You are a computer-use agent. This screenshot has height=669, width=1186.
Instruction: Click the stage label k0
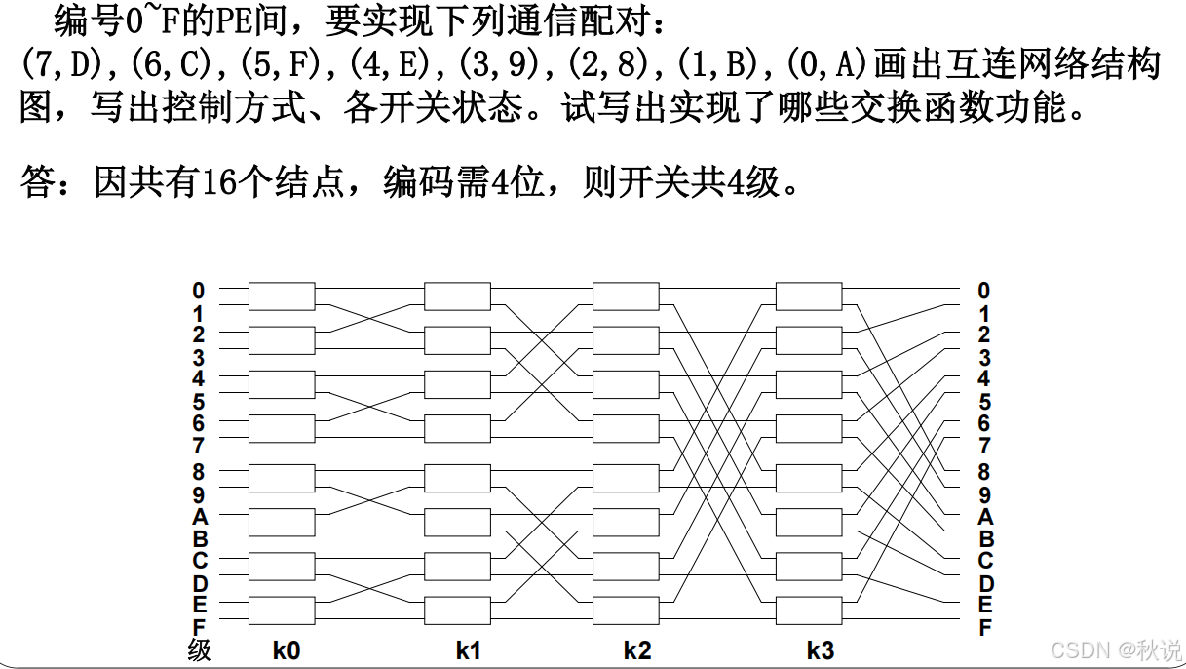[x=286, y=649]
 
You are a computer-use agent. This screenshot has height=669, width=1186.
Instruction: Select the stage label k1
[x=469, y=649]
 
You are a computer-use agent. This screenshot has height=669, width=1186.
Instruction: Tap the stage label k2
[x=637, y=649]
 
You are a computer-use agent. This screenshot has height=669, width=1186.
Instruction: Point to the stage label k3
[x=821, y=649]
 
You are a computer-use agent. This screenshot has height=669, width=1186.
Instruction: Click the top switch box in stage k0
[x=282, y=295]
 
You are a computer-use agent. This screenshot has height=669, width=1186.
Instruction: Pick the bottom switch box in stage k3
[x=809, y=610]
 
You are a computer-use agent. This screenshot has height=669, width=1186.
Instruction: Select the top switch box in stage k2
[x=626, y=295]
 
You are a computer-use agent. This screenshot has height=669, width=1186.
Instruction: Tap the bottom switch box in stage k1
[x=457, y=610]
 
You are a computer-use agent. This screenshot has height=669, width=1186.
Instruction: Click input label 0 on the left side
[x=199, y=291]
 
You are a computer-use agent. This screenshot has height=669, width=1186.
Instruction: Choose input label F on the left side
[x=199, y=627]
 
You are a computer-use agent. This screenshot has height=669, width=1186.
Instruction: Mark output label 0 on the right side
[x=984, y=291]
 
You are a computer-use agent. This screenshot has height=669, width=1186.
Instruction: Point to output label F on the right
[x=984, y=627]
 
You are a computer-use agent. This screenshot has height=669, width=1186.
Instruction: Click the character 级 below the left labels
[x=199, y=650]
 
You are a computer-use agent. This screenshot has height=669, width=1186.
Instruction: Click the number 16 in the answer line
[x=222, y=182]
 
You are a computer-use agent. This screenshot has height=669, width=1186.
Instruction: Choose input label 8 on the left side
[x=199, y=471]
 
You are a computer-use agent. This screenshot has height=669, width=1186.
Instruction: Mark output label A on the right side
[x=984, y=516]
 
